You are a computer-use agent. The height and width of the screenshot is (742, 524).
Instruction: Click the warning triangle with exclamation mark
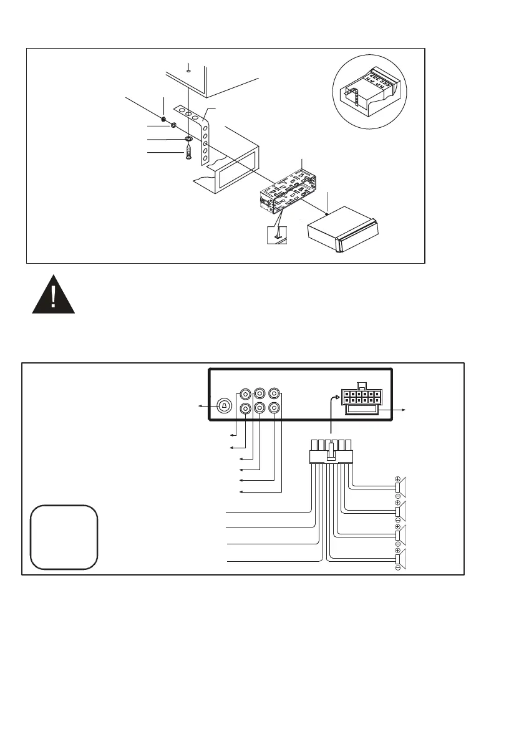[54, 293]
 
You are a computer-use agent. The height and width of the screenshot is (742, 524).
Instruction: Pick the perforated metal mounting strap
[205, 134]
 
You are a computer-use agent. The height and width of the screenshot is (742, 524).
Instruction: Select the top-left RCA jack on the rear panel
[246, 394]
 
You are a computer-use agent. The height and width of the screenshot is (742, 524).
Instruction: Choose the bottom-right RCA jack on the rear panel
[273, 408]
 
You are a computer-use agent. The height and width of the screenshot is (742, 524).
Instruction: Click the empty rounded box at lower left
[64, 537]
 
